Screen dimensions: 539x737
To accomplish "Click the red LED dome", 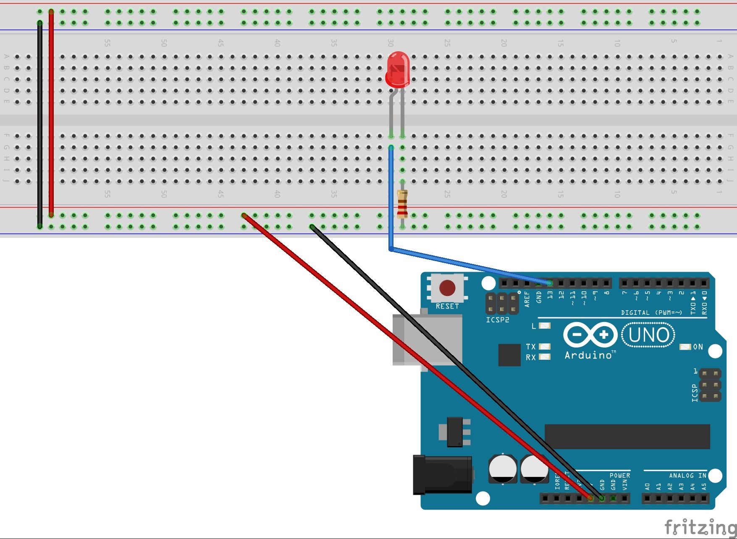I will click(x=397, y=68).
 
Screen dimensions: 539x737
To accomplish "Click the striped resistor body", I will click(x=402, y=204).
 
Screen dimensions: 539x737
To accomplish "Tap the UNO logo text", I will click(x=648, y=335).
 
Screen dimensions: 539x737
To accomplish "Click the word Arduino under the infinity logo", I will click(x=588, y=356).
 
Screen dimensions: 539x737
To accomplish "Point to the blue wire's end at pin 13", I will click(x=549, y=283).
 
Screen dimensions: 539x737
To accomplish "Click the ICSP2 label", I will click(x=497, y=320).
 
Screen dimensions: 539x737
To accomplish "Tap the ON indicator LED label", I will click(x=698, y=347).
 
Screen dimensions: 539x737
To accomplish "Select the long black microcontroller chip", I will click(x=627, y=437).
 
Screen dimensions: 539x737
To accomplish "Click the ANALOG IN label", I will click(x=687, y=476).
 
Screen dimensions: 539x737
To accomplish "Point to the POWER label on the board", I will click(x=619, y=476).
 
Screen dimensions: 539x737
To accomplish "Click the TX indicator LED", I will click(x=544, y=346).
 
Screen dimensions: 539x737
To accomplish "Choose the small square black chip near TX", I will click(x=509, y=355).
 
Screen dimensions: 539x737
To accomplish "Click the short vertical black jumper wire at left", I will click(x=40, y=126).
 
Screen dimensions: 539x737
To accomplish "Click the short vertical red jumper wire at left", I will click(x=51, y=113).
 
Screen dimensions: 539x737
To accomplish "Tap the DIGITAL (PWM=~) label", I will click(x=651, y=313).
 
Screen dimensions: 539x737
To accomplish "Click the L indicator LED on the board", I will click(x=544, y=326).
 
